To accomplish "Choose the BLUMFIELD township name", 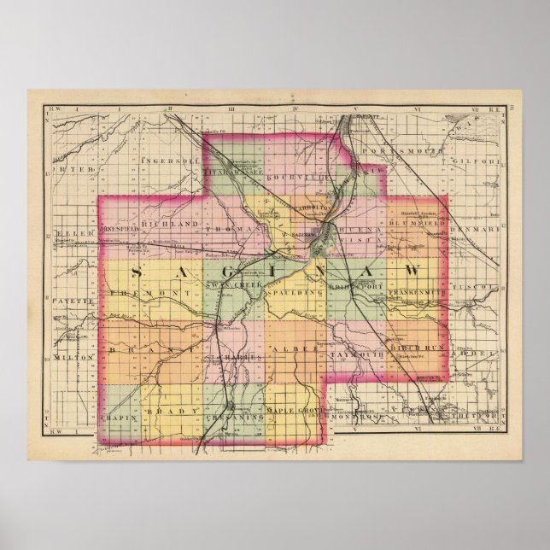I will click(x=398, y=222).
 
